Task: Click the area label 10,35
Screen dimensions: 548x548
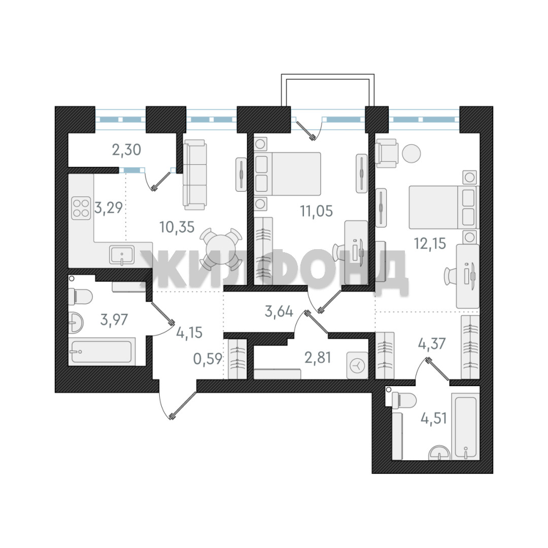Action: point(177,227)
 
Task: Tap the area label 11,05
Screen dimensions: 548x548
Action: point(316,211)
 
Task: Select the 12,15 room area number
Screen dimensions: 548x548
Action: point(430,243)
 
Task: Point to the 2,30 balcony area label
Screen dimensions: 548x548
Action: point(126,150)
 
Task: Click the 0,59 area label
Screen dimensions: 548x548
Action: point(208,359)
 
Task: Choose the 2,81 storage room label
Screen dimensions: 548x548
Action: point(318,358)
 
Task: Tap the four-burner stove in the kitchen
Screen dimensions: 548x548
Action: point(81,209)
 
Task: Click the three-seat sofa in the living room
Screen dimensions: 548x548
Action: point(195,175)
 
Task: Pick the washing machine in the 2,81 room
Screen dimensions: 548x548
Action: point(358,365)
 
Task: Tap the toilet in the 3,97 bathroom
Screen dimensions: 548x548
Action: point(80,297)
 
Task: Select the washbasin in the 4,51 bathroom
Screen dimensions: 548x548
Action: point(439,453)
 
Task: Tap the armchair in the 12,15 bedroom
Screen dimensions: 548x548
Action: point(387,153)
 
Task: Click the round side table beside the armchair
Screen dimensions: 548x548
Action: point(412,153)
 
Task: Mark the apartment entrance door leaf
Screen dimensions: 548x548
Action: point(183,405)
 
